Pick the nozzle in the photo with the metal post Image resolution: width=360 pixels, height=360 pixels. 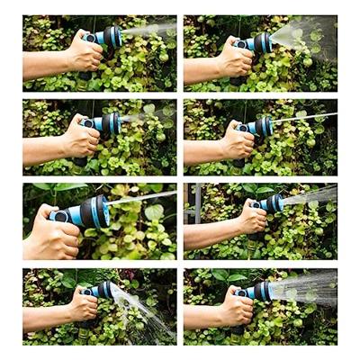pos(273,202)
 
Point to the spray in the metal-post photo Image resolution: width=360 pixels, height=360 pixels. pos(310,194)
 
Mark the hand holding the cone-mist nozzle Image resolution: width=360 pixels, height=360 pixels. pos(236,59)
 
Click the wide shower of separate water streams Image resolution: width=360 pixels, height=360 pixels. pos(306,290)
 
